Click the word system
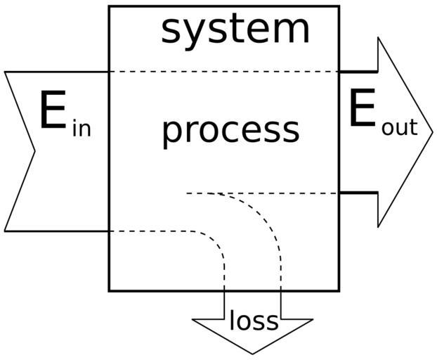[235, 30]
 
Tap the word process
[230, 130]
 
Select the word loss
[254, 321]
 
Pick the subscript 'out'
[399, 128]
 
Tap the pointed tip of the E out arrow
[432, 132]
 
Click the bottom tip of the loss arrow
[252, 353]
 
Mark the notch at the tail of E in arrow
[34, 150]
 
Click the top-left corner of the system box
[109, 7]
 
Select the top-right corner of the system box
[339, 7]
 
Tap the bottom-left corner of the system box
[109, 290]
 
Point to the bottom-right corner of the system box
[339, 290]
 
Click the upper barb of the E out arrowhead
[379, 37]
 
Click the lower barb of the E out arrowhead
[379, 226]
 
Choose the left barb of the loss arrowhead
[193, 320]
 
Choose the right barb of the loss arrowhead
[312, 320]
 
